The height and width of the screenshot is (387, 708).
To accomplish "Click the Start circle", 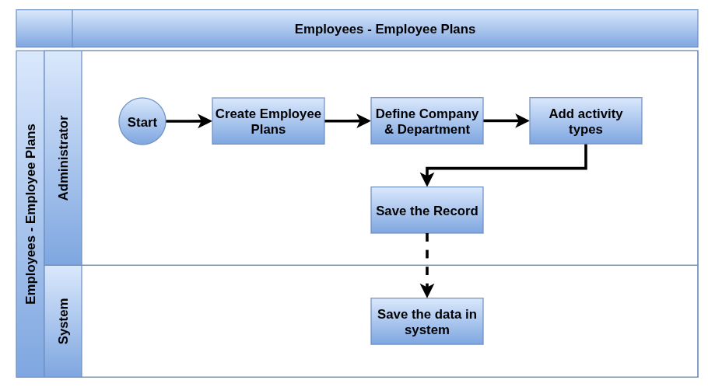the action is pos(142,121).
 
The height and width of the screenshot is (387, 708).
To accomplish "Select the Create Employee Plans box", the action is pos(268,121).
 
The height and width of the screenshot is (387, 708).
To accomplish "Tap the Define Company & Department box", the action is pos(426,121).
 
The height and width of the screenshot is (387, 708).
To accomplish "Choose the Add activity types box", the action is pos(586,121).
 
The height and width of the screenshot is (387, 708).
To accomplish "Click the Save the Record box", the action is pos(426,210).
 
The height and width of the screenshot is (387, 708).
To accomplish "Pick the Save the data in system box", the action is pos(426,321).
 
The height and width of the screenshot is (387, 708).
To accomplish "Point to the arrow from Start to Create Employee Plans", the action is pos(189,121).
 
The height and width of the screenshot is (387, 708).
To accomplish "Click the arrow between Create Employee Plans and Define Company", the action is pos(348,121).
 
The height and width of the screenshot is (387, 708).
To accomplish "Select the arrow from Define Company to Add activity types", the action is pos(506,120).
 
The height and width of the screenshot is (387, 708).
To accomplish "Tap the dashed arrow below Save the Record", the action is pos(426,266).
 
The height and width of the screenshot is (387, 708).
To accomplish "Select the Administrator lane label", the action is pos(63,158).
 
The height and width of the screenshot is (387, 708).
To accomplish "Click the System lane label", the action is pos(63,321).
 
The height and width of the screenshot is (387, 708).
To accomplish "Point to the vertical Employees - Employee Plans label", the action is pos(30,214).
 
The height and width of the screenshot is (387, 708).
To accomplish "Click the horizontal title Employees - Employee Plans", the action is pos(384,29).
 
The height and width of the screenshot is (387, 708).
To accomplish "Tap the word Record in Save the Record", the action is pos(455,211).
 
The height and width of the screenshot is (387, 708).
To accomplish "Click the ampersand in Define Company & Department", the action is pos(389,130).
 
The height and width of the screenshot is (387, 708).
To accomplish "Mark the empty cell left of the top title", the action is pos(44,29).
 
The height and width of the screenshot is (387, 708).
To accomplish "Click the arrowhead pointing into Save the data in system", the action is pos(426,291).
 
